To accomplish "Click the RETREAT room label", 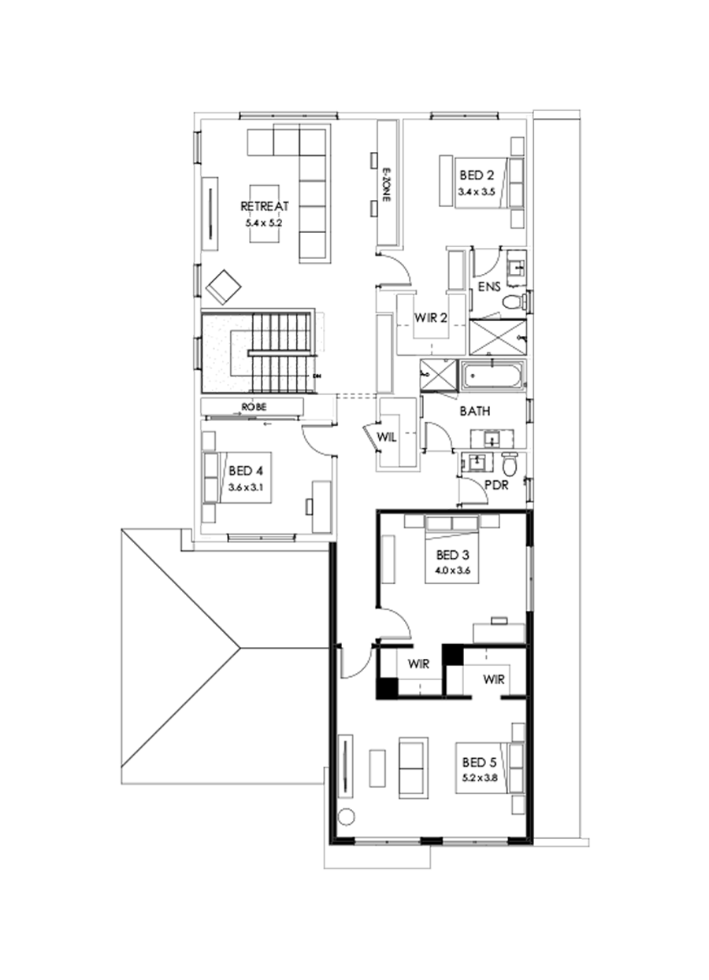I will click(x=265, y=206).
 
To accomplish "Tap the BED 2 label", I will click(x=478, y=175).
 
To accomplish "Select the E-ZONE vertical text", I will click(x=386, y=187).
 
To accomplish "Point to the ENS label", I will click(x=489, y=287).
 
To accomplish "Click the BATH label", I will click(x=475, y=411).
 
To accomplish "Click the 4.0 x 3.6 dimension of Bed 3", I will click(x=451, y=571).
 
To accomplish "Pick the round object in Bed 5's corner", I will click(x=346, y=815).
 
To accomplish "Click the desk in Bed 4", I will click(x=322, y=506).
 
